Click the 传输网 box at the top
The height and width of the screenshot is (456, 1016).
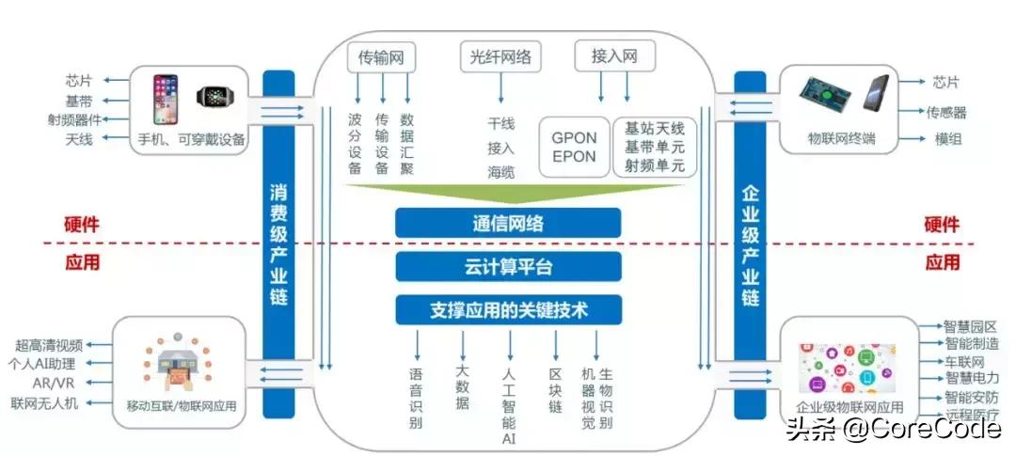381,57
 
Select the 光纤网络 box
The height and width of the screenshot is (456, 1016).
500,57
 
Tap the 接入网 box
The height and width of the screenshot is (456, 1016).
614,57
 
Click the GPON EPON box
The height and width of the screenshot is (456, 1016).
574,147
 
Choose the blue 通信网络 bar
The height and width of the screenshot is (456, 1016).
508,223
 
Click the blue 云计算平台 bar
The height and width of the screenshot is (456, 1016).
508,266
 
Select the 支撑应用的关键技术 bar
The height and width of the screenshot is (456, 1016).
508,309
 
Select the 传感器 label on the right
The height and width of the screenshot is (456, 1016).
946,113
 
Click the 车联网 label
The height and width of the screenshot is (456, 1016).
964,362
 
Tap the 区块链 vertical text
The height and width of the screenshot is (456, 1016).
555,391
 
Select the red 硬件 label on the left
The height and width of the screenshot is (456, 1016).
82,225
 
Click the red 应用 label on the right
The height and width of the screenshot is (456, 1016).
942,262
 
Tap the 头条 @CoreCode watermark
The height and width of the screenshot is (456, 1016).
893,431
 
